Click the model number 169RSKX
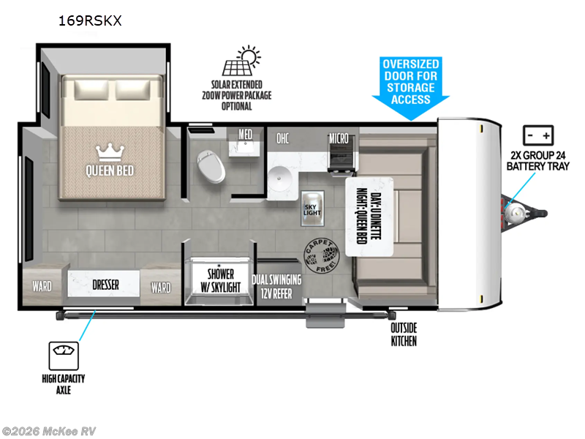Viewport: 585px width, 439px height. coord(90,20)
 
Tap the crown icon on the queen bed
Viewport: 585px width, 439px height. coord(109,151)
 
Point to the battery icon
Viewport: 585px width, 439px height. coord(538,136)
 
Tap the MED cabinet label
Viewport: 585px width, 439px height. coord(245,135)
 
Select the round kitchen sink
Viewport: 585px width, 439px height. coord(279,177)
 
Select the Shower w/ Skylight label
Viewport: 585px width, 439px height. coord(220,280)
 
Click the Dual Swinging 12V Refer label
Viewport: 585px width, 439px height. coord(274,286)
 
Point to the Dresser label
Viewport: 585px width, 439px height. coord(105,285)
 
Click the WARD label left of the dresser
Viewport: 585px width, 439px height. coord(42,286)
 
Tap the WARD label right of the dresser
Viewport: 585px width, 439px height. coord(160,287)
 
